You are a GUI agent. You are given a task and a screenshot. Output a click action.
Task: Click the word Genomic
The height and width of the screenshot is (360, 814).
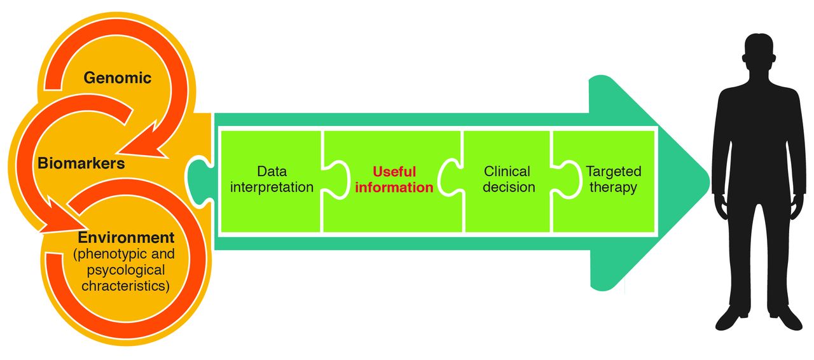tap(118, 78)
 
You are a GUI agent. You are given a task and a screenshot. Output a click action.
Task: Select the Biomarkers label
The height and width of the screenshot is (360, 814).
tap(81, 163)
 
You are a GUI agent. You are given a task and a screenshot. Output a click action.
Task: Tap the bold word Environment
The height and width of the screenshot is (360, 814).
tap(126, 238)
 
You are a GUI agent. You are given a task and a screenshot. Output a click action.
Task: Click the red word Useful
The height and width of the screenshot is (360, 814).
tap(394, 172)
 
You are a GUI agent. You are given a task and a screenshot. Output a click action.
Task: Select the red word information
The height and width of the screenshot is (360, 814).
tap(394, 188)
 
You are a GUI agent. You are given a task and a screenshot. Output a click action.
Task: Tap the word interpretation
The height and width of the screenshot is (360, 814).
tap(272, 188)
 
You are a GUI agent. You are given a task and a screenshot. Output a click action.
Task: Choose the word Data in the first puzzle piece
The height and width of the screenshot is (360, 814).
tap(272, 172)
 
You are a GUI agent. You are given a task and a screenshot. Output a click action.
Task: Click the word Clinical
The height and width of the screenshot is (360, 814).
tap(507, 172)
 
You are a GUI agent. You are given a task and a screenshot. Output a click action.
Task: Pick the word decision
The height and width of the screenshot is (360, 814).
tap(509, 188)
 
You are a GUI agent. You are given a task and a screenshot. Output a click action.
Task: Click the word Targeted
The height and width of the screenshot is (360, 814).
tap(614, 172)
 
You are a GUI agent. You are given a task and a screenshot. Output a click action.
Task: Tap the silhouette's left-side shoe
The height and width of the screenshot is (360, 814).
tap(731, 316)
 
